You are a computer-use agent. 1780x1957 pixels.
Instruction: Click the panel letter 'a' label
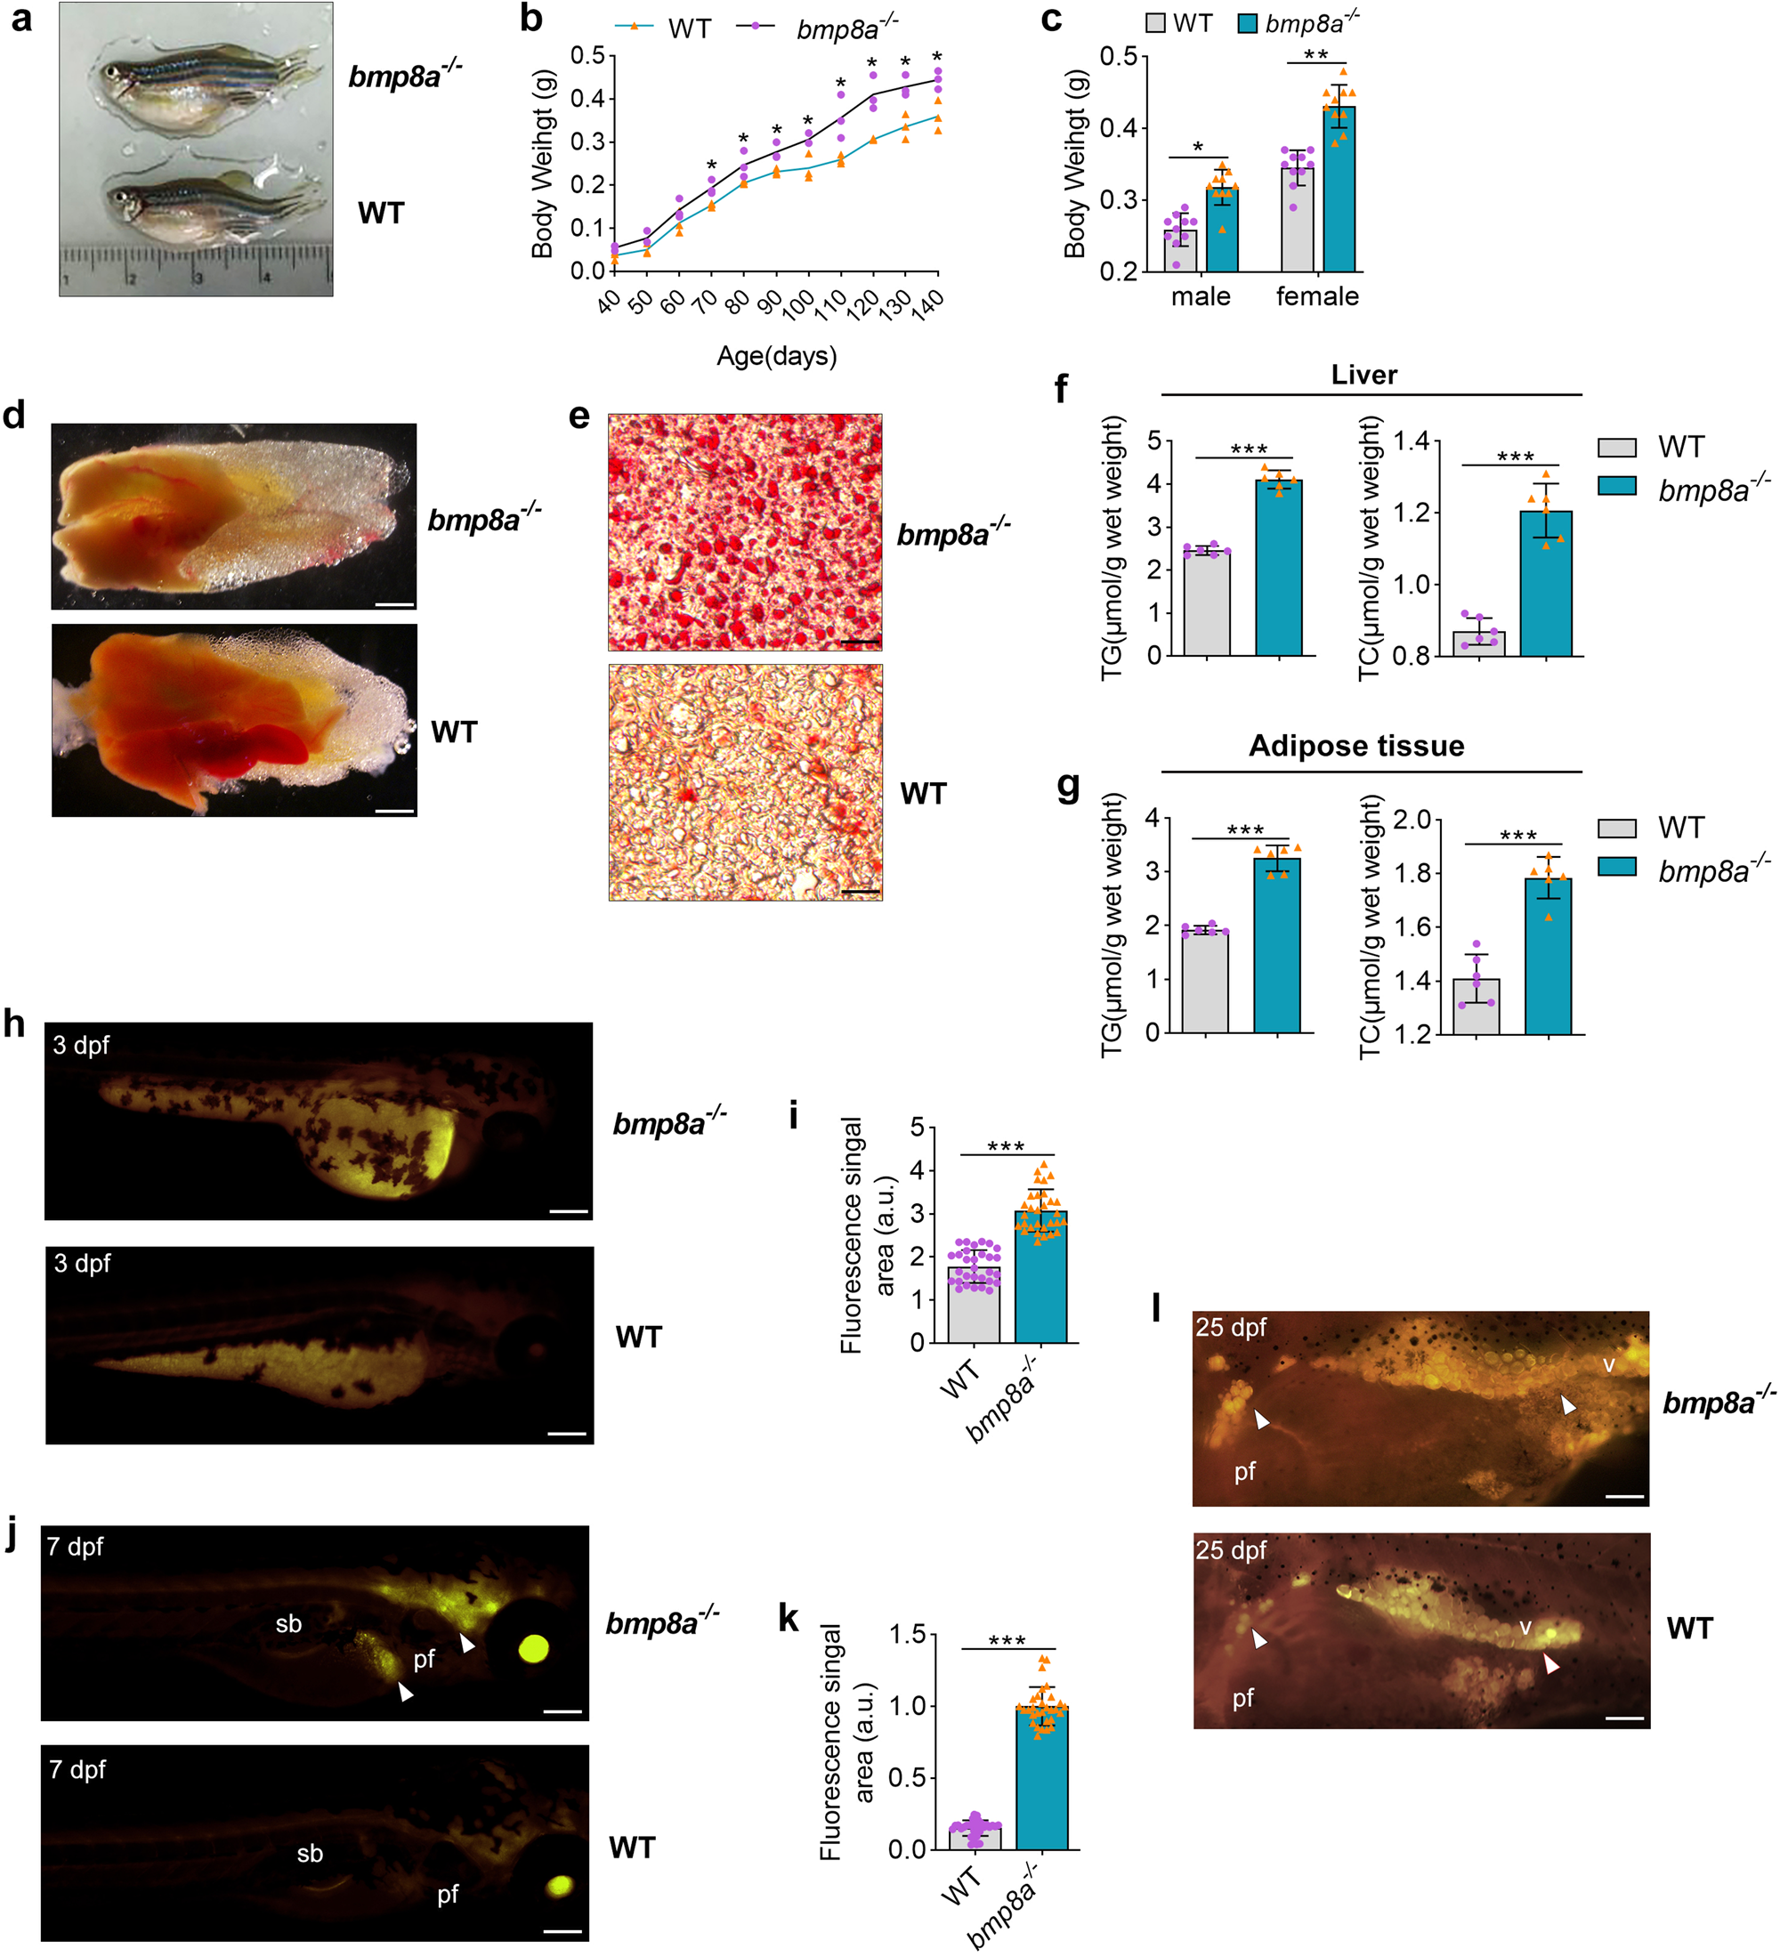20,20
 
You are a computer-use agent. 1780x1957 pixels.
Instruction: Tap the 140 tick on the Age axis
928,303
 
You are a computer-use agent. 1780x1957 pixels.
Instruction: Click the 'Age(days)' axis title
775,356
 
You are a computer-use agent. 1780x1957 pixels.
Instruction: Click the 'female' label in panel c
1316,296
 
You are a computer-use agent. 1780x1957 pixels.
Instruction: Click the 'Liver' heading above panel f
1363,375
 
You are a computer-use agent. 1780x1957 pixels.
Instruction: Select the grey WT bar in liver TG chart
1207,603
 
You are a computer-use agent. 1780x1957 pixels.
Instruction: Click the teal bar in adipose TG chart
1276,947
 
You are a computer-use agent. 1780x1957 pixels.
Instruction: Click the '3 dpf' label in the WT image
82,1263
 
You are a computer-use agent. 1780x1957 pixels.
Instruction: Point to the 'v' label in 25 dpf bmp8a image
1608,1365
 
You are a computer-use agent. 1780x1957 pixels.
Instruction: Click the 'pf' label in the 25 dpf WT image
1242,1698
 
